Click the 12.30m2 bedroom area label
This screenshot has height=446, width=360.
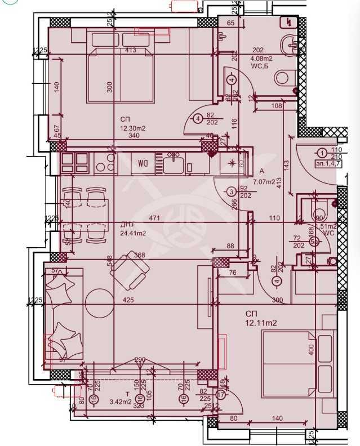pyautogui.click(x=132, y=128)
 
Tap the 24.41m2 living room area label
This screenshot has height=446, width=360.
pyautogui.click(x=132, y=233)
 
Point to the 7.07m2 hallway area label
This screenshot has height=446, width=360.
pyautogui.click(x=265, y=181)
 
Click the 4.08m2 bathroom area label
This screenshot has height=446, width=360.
pyautogui.click(x=261, y=57)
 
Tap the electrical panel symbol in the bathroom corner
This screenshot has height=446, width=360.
pyautogui.click(x=290, y=21)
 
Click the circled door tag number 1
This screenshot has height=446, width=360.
pyautogui.click(x=322, y=153)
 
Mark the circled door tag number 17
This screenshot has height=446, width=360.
pyautogui.click(x=220, y=395)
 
